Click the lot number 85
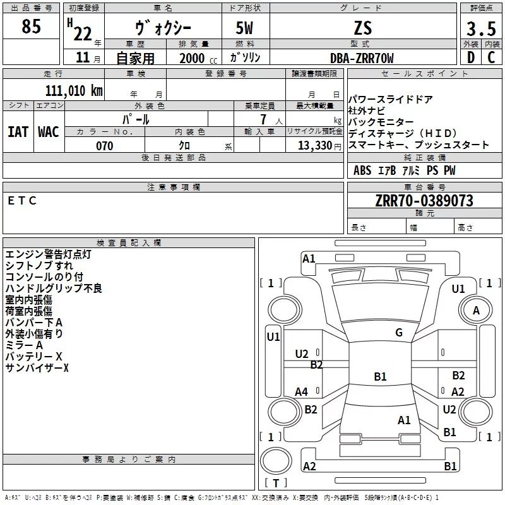point(31,27)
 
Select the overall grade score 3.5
point(480,29)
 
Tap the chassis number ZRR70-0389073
point(424,201)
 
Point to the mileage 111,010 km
point(74,90)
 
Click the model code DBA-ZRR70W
point(362,58)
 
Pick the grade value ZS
point(363,28)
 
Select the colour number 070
point(104,146)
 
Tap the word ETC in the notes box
point(23,201)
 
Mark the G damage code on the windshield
point(399,333)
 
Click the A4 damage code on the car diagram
point(302,392)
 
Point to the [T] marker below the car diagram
point(275,483)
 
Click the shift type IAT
point(18,131)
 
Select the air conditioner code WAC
point(49,131)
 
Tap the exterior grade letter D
point(470,58)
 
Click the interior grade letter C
point(491,58)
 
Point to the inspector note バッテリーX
point(34,357)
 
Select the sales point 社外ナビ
point(366,110)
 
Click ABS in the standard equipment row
point(362,170)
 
